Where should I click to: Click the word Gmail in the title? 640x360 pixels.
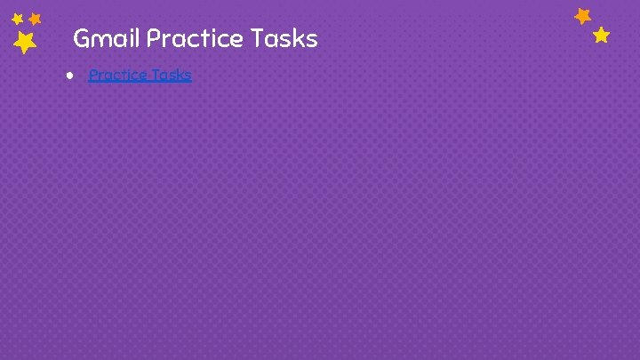[107, 39]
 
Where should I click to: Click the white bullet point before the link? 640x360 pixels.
[68, 75]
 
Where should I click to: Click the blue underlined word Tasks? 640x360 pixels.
[172, 75]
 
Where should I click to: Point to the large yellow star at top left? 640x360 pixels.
[25, 42]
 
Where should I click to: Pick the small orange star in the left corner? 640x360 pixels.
[36, 18]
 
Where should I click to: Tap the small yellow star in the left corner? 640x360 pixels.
[17, 19]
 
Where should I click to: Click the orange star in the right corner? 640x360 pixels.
[583, 16]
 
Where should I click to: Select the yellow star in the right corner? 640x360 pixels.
[602, 36]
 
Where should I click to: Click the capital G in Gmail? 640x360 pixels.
[81, 39]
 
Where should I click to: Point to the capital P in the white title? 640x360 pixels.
[153, 39]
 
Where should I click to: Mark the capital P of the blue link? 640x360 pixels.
[93, 75]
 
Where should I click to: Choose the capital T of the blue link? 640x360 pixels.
[156, 75]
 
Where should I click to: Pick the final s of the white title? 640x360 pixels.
[311, 40]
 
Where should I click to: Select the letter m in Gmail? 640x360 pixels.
[100, 41]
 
